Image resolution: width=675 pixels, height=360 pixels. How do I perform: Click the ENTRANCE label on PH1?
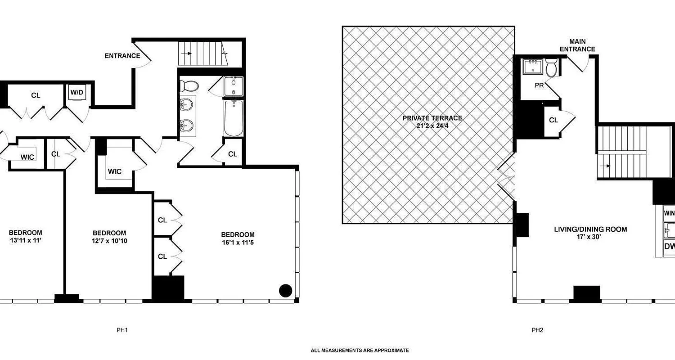122,56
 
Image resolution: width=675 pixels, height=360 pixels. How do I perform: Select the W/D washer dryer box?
76,93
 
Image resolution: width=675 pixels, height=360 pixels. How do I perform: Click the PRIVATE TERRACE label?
432,118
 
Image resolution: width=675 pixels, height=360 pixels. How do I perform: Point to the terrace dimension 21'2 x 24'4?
432,125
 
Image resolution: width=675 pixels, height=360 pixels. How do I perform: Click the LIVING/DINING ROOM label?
590,229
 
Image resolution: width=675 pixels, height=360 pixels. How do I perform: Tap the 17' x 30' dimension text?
590,237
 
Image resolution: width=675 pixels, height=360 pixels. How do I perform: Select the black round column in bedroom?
286,291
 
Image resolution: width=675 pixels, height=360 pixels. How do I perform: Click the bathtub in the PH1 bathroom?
234,118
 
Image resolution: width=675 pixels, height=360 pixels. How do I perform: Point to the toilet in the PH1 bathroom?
190,85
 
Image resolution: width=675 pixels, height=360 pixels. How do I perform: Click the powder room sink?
534,67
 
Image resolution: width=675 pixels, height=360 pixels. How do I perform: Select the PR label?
540,85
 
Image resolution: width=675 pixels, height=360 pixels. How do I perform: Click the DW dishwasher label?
670,246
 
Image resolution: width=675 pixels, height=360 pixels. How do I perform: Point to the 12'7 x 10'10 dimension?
109,241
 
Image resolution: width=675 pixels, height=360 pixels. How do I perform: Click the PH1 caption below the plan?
122,330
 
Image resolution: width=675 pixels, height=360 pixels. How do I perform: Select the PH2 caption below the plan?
537,330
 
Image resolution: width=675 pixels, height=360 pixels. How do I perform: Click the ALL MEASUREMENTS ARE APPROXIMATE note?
360,350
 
